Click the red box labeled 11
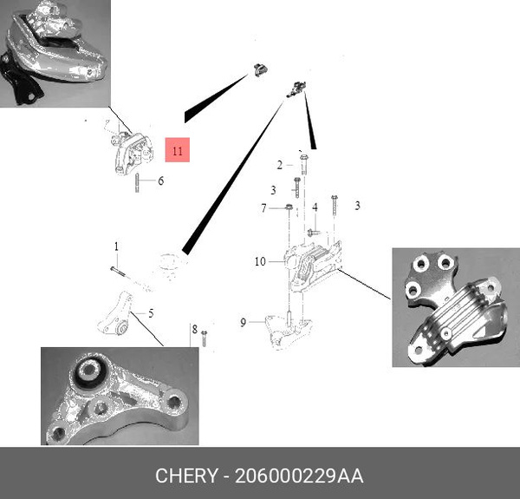(x=177, y=151)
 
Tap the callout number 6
(x=160, y=181)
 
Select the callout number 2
(x=279, y=165)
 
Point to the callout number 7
(x=263, y=207)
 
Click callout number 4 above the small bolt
(x=315, y=207)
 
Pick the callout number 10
(x=259, y=260)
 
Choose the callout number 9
(x=244, y=322)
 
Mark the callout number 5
(x=151, y=313)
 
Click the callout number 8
(x=195, y=330)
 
